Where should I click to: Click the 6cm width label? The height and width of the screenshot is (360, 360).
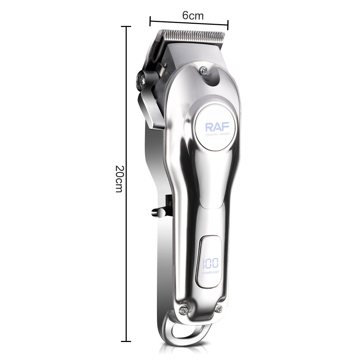193,16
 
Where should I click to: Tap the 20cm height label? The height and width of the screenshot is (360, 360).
119,179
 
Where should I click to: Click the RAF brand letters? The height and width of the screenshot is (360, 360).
215,127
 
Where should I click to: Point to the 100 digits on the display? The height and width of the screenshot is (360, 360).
210,264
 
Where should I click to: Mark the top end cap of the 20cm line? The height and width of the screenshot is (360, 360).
126,27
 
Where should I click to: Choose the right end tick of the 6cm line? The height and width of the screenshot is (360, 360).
228,25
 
